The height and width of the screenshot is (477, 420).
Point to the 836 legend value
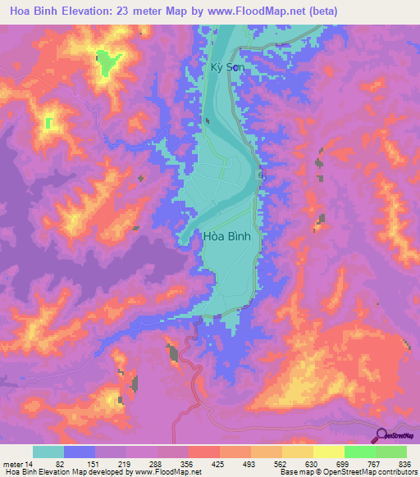[404, 463]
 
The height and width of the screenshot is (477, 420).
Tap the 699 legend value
[342, 463]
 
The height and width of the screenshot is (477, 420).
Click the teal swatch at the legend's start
[48, 452]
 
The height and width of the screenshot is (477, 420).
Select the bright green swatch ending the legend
[391, 452]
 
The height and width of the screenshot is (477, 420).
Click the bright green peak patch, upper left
[107, 62]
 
